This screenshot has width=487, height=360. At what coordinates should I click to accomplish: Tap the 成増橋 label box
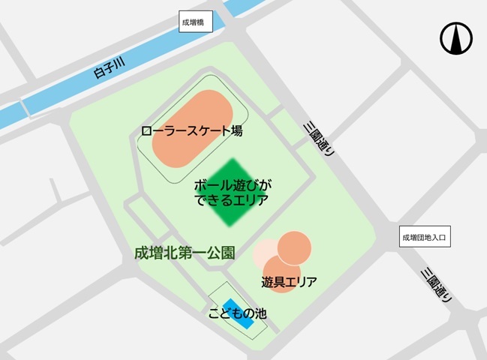pos(197,22)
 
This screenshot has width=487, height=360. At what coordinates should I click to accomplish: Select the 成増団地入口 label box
pos(424,238)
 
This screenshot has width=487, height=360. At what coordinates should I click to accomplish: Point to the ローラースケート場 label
pos(191,130)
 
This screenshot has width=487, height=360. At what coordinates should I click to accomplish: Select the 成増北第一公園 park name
pos(184,253)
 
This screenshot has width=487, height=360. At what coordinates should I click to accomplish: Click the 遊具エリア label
pos(289,283)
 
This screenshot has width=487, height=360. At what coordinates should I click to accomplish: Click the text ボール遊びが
pos(232,185)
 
